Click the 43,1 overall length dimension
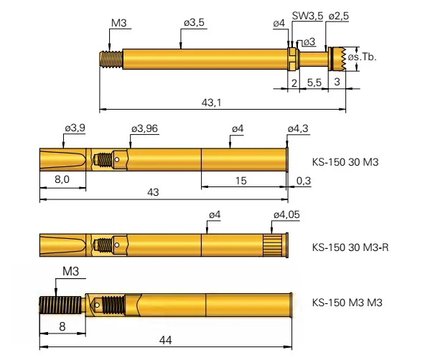[x=211, y=103]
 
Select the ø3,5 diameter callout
[x=194, y=23]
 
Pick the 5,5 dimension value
[x=314, y=82]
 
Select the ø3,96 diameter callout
[x=145, y=128]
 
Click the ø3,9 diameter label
[x=75, y=128]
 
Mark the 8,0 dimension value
[x=62, y=179]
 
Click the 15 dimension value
[x=243, y=179]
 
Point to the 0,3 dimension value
[x=304, y=179]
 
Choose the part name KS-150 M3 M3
[x=347, y=303]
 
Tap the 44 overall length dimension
[x=165, y=340]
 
